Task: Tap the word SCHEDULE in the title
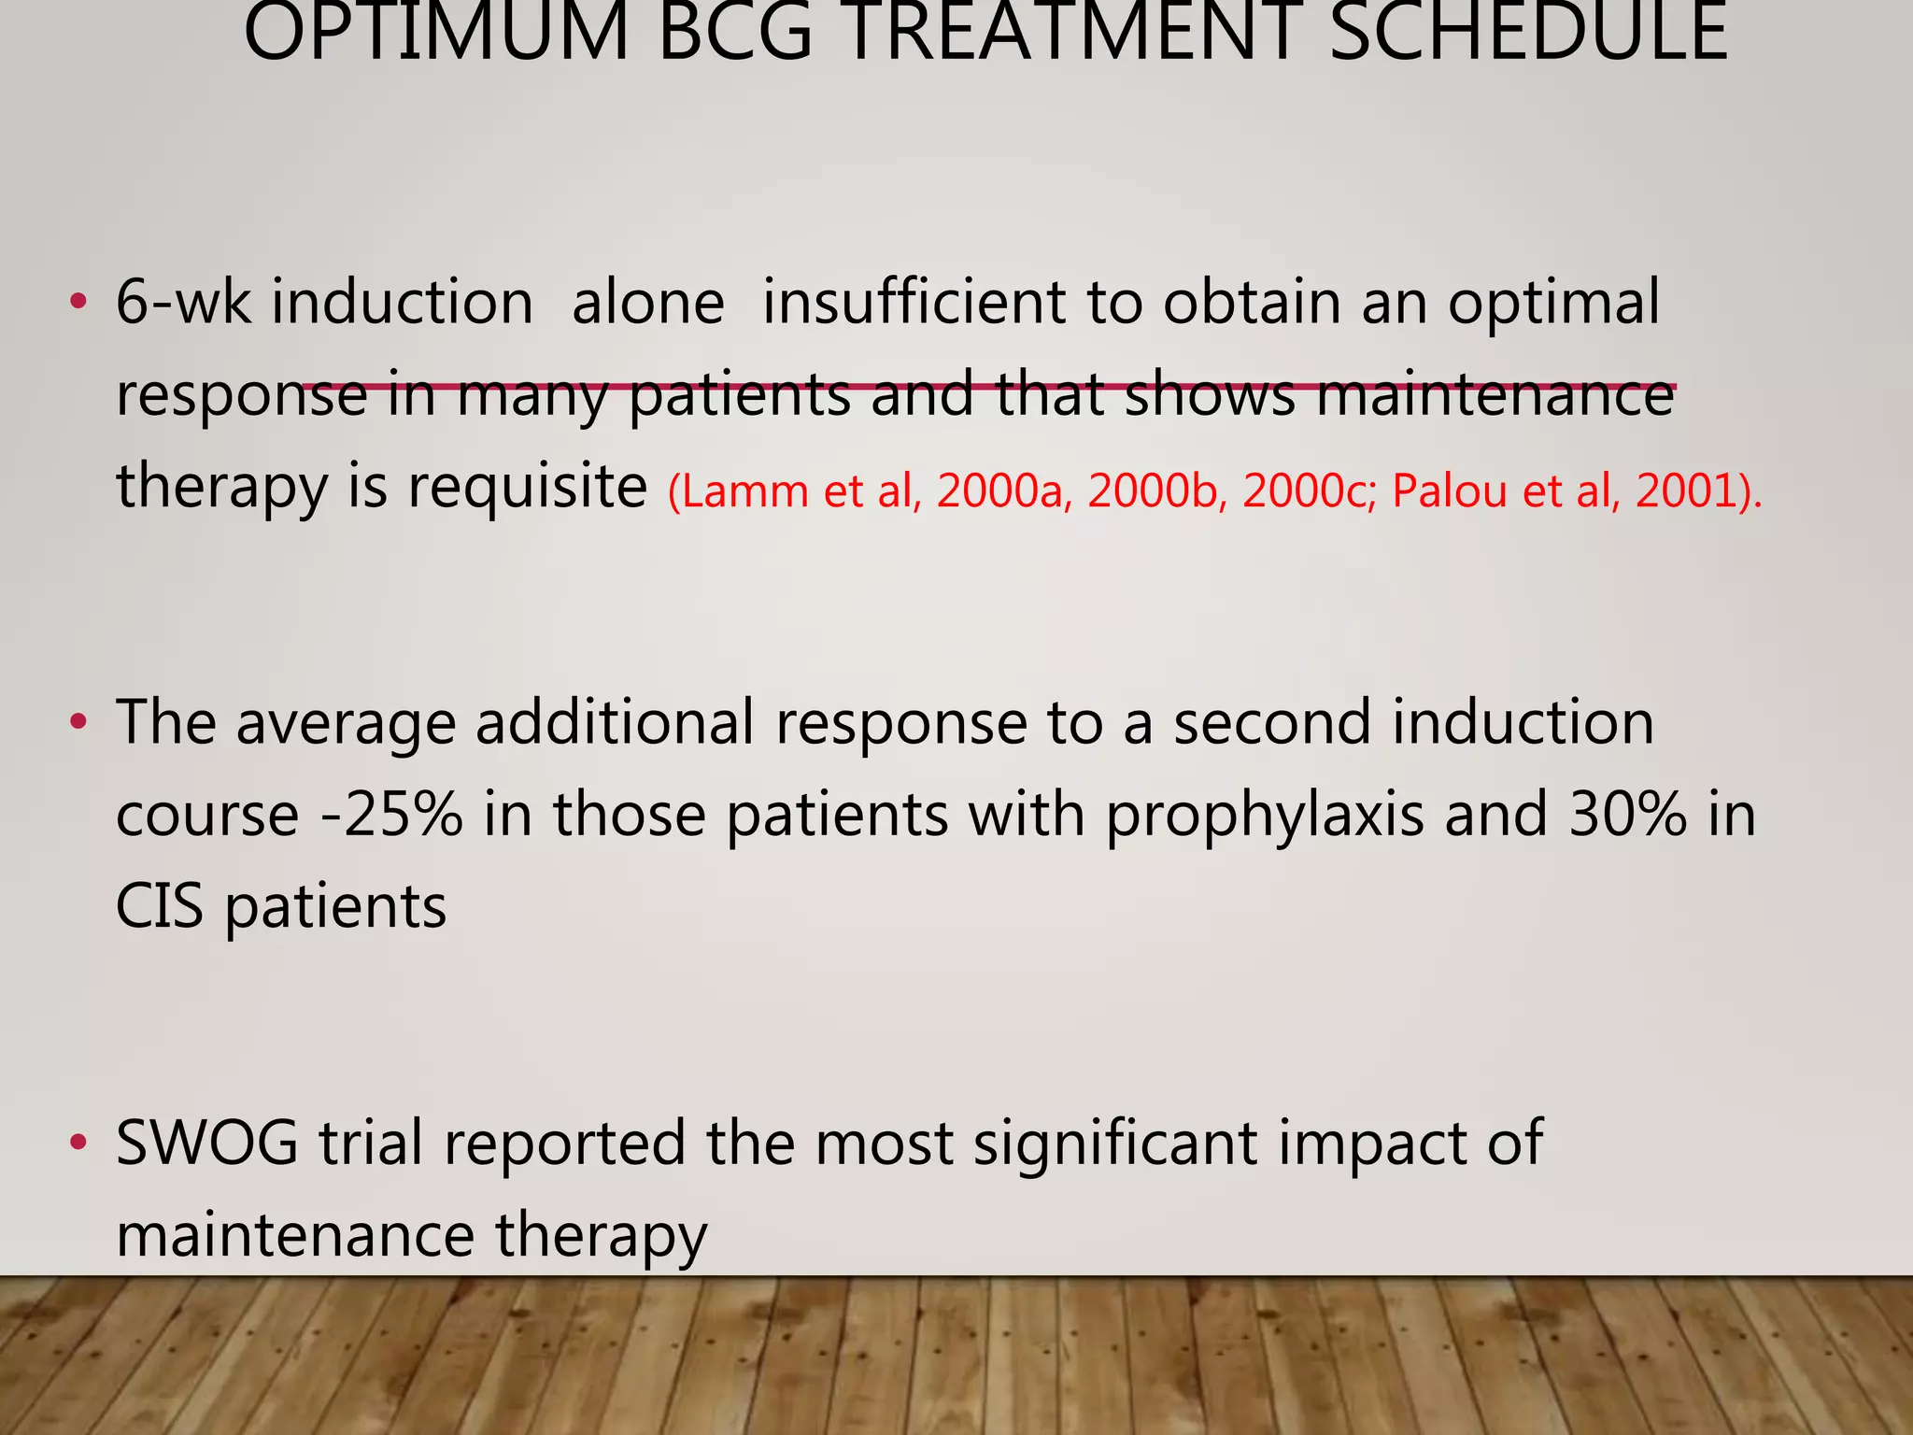[1527, 34]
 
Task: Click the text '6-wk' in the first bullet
[183, 302]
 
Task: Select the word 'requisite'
[527, 487]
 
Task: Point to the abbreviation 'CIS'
[159, 906]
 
